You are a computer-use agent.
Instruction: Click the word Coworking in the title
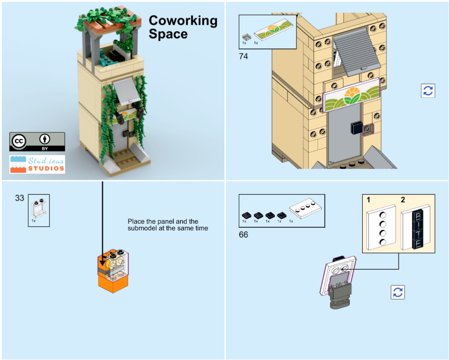183,21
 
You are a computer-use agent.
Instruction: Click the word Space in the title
168,34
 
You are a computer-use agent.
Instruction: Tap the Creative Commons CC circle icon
19,142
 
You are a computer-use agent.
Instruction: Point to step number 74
243,57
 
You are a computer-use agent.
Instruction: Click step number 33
19,198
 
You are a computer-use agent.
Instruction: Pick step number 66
243,235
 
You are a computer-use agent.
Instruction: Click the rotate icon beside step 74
428,90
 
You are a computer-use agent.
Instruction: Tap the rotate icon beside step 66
398,292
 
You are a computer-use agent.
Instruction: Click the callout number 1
368,199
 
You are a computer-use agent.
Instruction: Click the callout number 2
403,199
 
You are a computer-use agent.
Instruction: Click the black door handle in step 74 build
357,129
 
